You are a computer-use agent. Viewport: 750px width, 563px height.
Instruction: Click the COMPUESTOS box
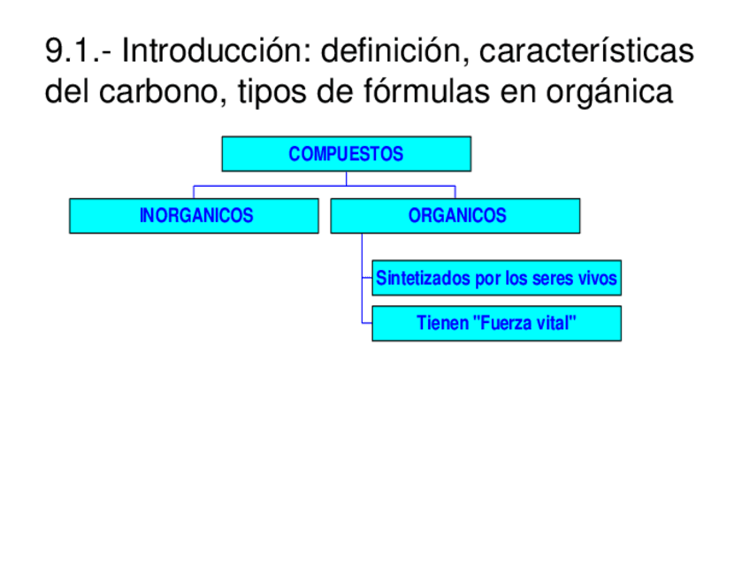click(x=346, y=154)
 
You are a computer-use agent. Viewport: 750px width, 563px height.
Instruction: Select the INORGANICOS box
click(x=194, y=216)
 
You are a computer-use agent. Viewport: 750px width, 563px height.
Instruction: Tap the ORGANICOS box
click(x=455, y=216)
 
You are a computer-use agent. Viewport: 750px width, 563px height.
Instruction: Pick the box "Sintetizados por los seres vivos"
click(x=496, y=278)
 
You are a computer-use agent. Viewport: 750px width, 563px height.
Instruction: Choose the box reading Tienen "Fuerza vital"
click(x=496, y=324)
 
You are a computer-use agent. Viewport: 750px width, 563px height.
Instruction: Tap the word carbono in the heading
click(x=164, y=92)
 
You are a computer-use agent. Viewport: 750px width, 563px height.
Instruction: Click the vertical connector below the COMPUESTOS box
click(x=346, y=178)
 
